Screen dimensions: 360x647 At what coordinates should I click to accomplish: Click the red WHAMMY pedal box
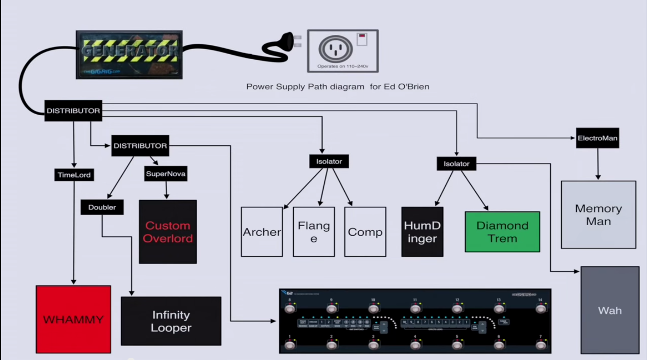point(73,319)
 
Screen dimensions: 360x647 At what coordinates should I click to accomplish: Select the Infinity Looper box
point(171,321)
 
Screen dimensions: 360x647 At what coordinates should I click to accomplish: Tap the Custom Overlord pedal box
point(167,232)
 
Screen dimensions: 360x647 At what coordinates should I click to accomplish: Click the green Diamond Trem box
point(502,232)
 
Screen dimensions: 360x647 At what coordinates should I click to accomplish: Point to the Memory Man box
point(598,215)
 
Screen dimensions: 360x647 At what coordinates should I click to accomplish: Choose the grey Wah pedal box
point(610,310)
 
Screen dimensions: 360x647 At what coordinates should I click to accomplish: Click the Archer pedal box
point(262,232)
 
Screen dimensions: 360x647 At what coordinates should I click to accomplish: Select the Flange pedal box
point(314,232)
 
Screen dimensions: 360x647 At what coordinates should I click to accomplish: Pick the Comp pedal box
point(365,232)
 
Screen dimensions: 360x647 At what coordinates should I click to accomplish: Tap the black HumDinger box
point(422,232)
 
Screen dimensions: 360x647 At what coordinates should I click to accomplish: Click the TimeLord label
point(74,175)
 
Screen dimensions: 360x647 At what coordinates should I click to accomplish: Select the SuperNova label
point(166,174)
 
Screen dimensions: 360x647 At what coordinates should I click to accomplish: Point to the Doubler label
point(102,207)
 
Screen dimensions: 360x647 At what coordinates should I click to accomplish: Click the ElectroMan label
point(597,138)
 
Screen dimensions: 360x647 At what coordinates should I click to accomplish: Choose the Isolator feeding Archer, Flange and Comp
point(329,161)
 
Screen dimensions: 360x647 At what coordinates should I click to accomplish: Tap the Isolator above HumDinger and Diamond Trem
point(457,164)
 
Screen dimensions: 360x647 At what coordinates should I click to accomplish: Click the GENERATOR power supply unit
point(129,55)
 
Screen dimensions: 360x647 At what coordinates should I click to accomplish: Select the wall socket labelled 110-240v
point(342,51)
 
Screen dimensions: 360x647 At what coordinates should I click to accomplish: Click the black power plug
point(280,44)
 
